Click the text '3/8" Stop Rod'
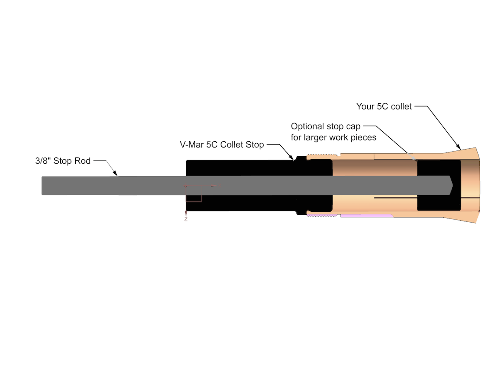63,160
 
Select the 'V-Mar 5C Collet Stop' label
219,145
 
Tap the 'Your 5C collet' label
384,107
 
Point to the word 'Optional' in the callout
307,126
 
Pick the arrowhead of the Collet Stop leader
292,158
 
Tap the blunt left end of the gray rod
43,185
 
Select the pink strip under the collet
366,216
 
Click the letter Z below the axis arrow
185,219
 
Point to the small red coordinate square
194,193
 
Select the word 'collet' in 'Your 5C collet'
401,107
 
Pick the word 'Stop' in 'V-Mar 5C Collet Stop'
255,145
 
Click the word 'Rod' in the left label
83,160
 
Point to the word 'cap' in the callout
353,126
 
